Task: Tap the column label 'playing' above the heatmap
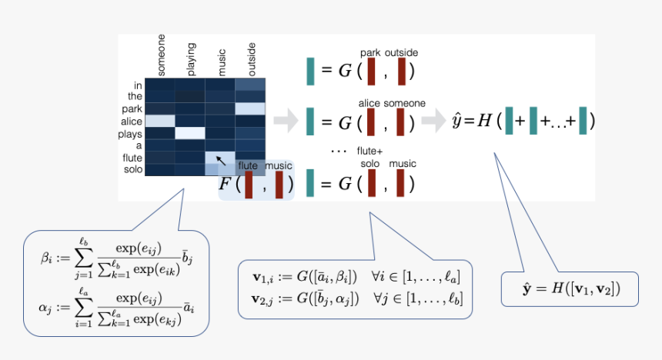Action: click(192, 58)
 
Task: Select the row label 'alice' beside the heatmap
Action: click(132, 121)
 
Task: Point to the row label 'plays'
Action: click(132, 133)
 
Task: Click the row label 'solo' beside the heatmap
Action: click(132, 168)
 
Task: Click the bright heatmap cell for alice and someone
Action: click(160, 121)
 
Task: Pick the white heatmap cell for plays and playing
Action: click(190, 133)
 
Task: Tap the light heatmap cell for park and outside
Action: click(250, 108)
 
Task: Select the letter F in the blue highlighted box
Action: click(225, 184)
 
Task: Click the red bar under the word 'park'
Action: click(371, 72)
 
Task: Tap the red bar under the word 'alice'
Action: click(371, 122)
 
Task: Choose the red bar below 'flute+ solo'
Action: click(371, 183)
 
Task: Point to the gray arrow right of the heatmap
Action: click(285, 120)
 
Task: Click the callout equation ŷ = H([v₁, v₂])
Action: click(569, 288)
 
